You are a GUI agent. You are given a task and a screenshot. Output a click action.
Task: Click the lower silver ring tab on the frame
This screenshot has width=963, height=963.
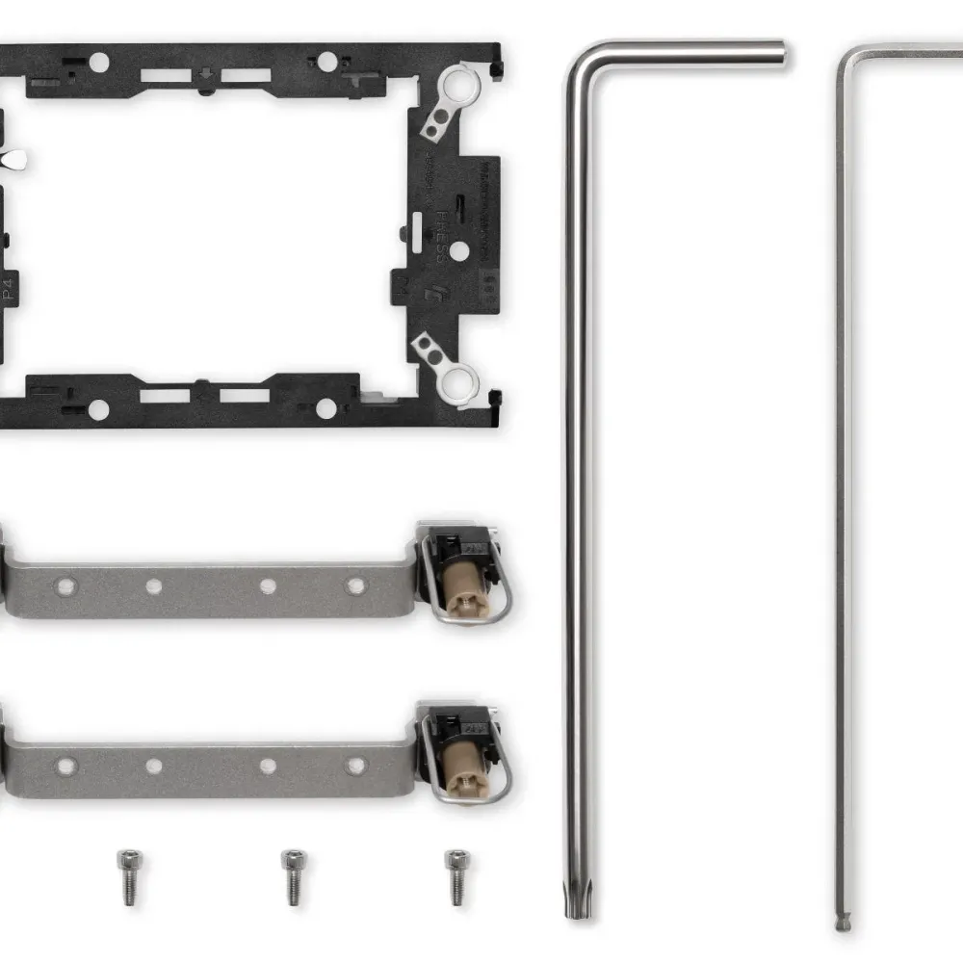point(452,368)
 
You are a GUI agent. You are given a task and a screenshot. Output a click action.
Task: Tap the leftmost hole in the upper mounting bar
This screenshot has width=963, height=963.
point(65,585)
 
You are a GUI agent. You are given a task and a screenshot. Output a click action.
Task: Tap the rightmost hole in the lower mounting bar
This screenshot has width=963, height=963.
point(356,767)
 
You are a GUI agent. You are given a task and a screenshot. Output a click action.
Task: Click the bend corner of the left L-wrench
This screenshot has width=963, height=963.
point(578,60)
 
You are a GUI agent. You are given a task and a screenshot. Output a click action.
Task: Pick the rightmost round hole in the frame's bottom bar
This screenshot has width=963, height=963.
point(326,408)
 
